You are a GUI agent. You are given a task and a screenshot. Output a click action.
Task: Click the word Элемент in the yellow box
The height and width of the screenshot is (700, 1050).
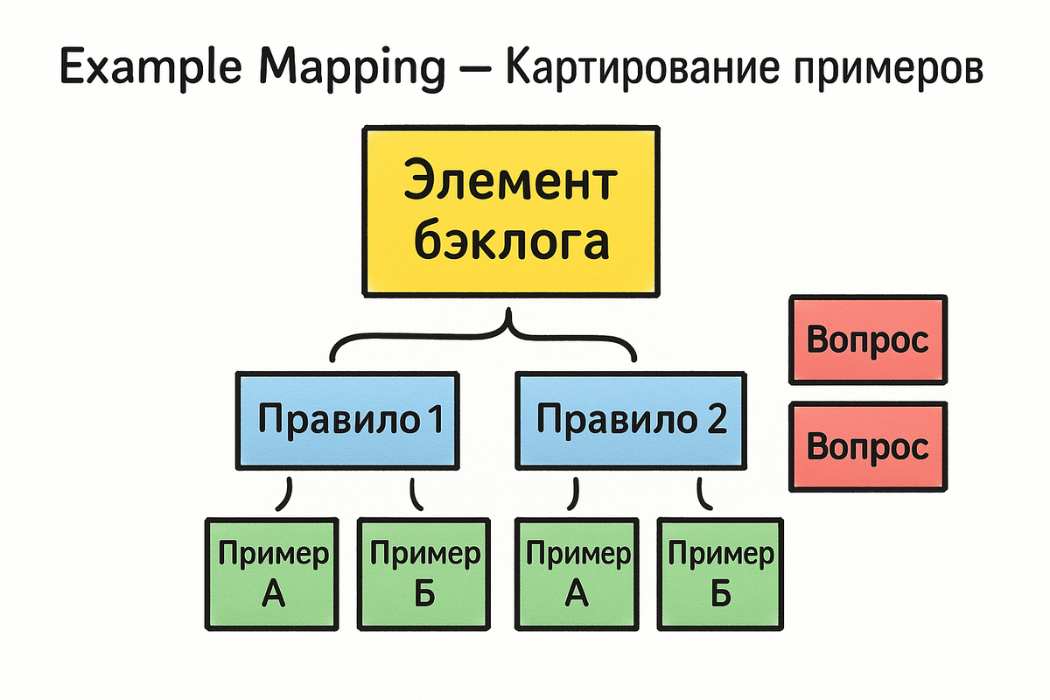pyautogui.click(x=510, y=185)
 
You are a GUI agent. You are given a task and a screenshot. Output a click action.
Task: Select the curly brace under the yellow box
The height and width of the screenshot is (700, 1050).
pyautogui.click(x=483, y=343)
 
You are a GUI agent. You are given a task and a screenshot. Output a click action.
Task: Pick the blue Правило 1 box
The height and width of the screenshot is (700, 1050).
pyautogui.click(x=347, y=421)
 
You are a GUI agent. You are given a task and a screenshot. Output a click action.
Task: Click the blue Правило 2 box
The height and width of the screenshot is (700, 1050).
pyautogui.click(x=630, y=421)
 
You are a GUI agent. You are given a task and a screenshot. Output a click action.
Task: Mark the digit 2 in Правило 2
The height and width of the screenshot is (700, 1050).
pyautogui.click(x=717, y=421)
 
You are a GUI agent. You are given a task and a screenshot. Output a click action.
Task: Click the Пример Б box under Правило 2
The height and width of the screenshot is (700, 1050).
pyautogui.click(x=720, y=573)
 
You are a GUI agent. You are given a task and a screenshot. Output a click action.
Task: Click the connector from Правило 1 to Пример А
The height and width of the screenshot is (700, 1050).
pyautogui.click(x=285, y=495)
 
